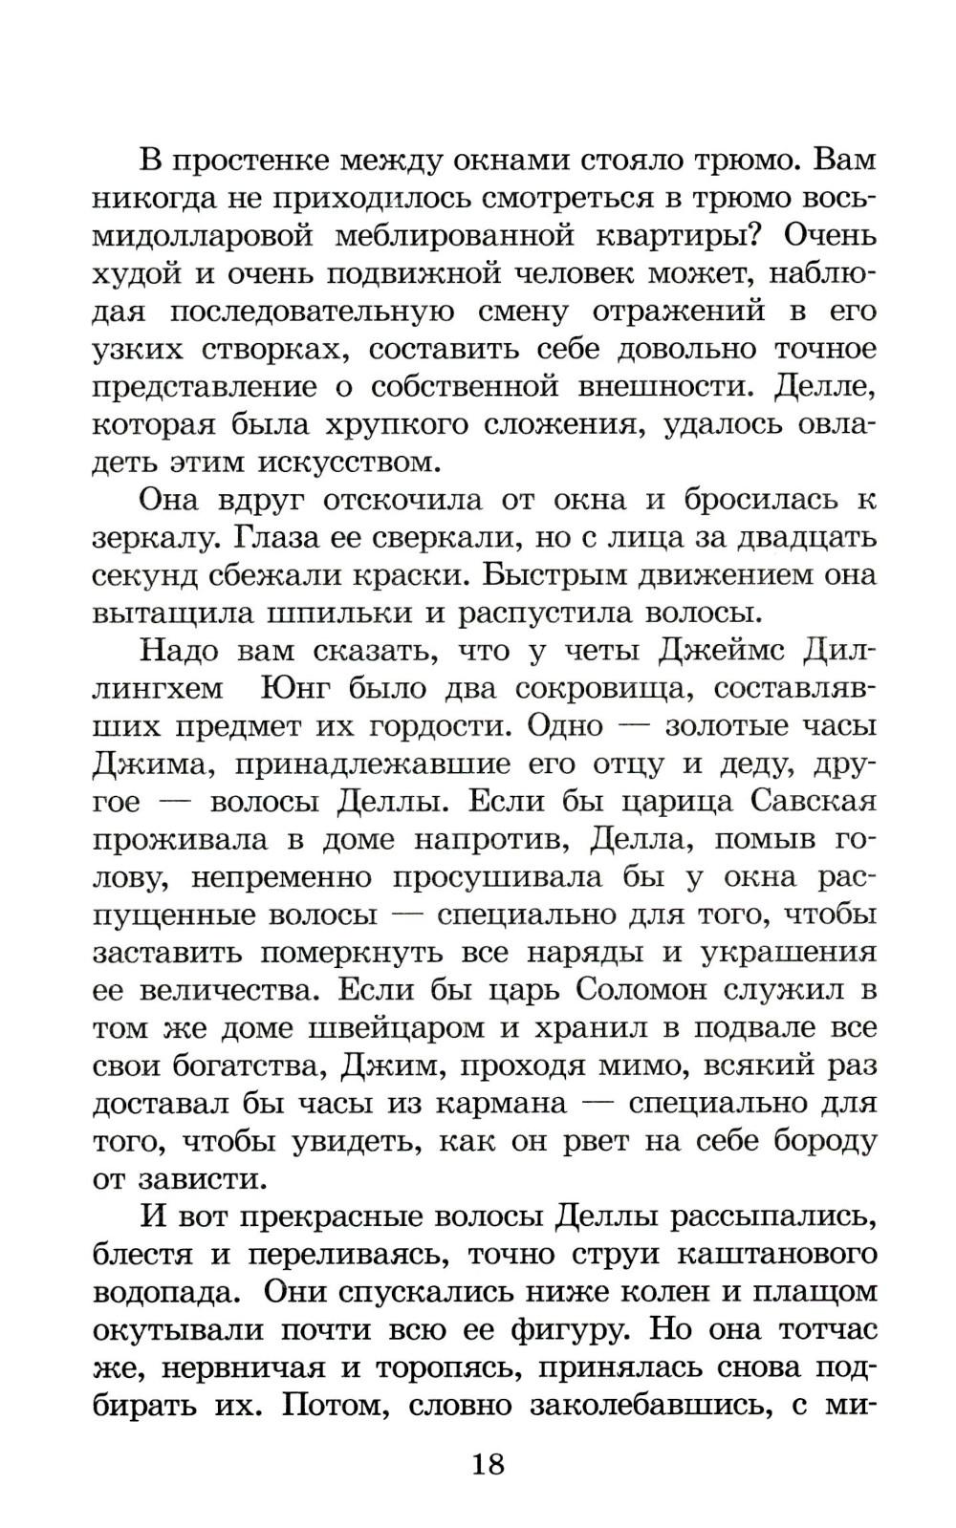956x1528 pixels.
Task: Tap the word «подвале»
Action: tap(756, 1027)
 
